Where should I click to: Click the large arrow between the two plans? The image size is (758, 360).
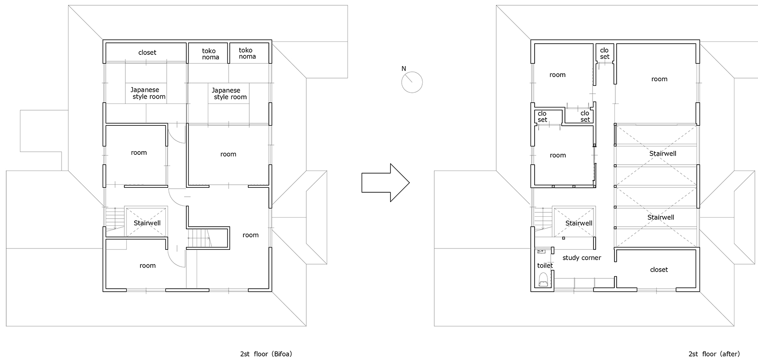click(385, 183)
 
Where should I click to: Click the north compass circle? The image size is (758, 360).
click(412, 82)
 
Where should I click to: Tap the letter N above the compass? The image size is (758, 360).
click(404, 69)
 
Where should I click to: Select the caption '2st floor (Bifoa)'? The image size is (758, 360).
click(266, 354)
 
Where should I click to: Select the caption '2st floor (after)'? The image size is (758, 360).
click(714, 354)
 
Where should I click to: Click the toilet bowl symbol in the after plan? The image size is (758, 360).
click(543, 279)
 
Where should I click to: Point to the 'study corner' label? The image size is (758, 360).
click(582, 258)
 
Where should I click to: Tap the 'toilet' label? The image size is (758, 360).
click(545, 265)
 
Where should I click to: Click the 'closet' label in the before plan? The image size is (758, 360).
click(147, 53)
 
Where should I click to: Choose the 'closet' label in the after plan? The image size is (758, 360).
click(659, 269)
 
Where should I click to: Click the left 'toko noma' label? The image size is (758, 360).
click(210, 54)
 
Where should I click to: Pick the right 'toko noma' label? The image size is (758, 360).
click(247, 53)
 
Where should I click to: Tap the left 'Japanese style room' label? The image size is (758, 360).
click(148, 93)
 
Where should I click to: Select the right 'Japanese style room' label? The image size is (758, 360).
click(230, 94)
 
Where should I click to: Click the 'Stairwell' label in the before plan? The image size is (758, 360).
click(147, 223)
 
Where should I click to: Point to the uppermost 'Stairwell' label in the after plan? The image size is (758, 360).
click(663, 153)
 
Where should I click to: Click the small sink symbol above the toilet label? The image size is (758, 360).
click(541, 251)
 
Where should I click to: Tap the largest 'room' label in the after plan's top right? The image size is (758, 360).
click(659, 79)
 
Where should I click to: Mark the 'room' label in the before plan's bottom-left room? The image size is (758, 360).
click(148, 265)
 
